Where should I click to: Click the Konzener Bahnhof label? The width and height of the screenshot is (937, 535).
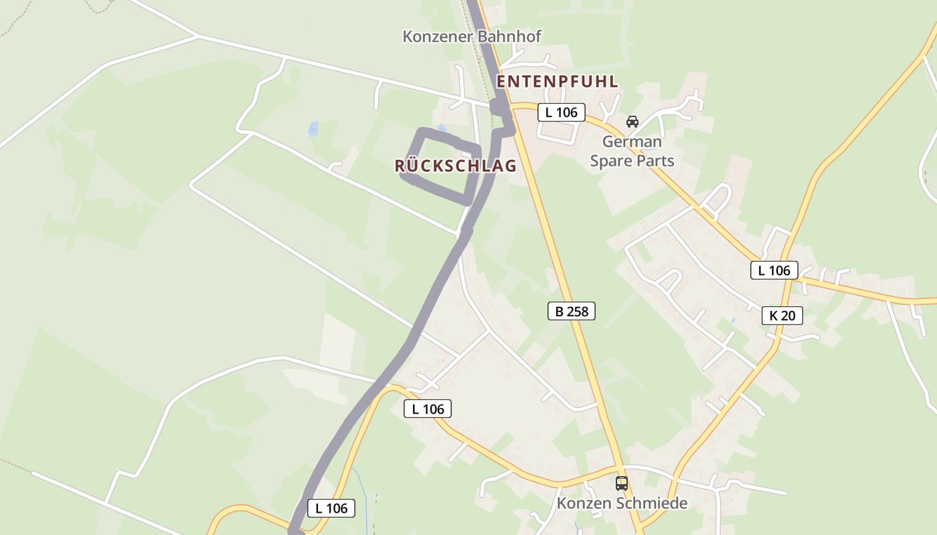(471, 36)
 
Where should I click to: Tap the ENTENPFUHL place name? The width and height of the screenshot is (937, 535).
(557, 82)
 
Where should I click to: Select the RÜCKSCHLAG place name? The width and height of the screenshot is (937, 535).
(455, 166)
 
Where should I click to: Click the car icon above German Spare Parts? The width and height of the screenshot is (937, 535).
(632, 122)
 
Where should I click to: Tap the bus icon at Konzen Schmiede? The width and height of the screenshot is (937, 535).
(622, 483)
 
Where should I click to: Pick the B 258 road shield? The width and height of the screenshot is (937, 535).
(571, 310)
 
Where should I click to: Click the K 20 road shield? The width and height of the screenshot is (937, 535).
(782, 316)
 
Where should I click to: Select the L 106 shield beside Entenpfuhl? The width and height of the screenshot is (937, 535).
(561, 112)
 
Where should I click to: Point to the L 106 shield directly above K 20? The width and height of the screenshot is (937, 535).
(774, 270)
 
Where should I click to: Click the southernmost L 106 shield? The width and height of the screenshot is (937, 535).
(331, 508)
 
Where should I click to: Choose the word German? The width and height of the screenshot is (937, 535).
(632, 142)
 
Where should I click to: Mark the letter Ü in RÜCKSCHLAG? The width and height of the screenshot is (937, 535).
(414, 165)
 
